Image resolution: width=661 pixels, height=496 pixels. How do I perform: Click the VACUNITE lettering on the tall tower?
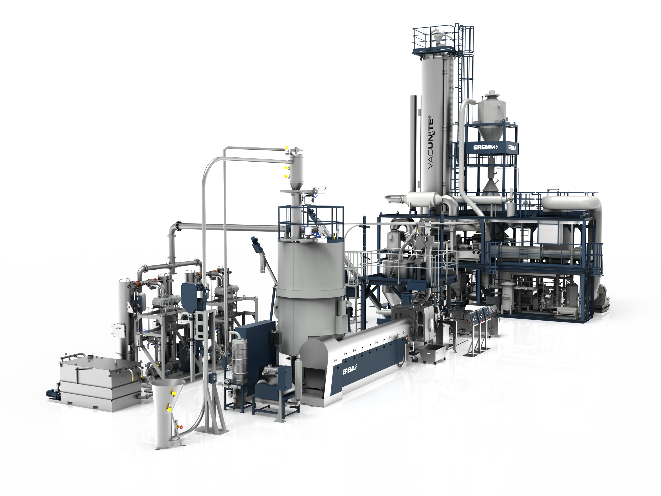point(431,143)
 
